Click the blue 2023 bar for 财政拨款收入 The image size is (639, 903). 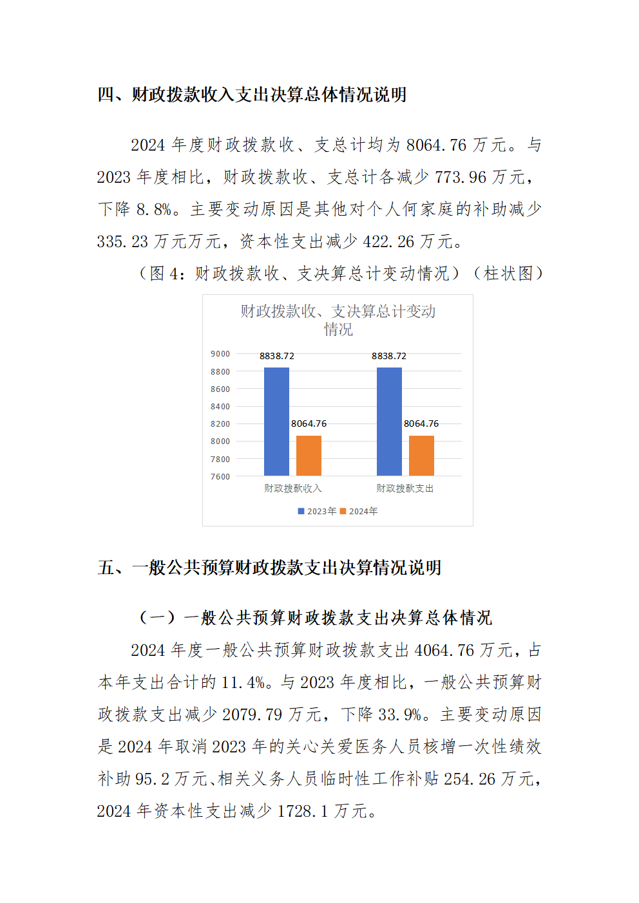coord(276,421)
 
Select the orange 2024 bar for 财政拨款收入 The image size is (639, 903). coord(309,455)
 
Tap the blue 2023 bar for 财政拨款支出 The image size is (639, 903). coord(389,421)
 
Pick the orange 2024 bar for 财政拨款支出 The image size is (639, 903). coord(421,455)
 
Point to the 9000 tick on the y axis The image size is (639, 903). coord(220,354)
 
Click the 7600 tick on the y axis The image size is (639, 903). coord(220,477)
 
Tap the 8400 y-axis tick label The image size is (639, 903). coord(220,407)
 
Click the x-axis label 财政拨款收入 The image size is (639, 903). coord(292,489)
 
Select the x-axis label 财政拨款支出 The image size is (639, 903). coord(405,489)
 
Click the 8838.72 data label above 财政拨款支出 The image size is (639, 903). coord(389,356)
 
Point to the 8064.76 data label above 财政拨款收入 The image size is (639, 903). coord(309,424)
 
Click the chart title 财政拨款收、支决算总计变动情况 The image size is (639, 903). coord(338,321)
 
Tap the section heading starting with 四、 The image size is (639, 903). coord(252,95)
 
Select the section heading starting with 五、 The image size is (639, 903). coord(269,568)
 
